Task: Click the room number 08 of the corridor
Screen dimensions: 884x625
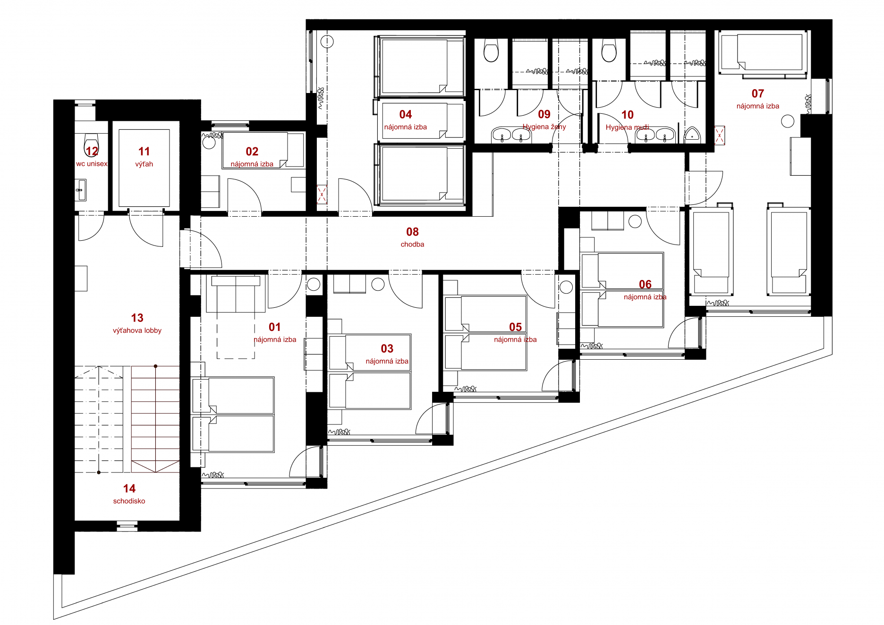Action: point(412,232)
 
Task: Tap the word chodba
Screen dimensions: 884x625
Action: point(412,245)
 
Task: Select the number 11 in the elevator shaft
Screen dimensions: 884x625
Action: point(144,152)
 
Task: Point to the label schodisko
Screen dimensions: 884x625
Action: point(129,501)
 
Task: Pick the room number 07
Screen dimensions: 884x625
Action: point(757,93)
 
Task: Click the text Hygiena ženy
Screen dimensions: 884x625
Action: point(544,127)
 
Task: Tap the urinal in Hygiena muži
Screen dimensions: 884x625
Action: point(692,135)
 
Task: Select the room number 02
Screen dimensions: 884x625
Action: point(252,152)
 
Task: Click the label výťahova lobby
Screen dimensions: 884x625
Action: point(137,330)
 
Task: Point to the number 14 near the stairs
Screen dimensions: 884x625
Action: point(129,489)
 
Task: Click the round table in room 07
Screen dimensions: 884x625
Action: point(788,121)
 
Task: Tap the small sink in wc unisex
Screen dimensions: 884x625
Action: point(81,190)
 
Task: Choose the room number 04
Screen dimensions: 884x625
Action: point(405,114)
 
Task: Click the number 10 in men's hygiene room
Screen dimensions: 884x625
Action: point(627,115)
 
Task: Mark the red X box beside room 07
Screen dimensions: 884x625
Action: point(719,135)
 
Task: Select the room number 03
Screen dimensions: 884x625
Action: point(387,348)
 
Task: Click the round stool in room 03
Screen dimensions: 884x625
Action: point(378,284)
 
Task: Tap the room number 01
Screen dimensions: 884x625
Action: point(274,327)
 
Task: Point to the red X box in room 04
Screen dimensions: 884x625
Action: point(322,194)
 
